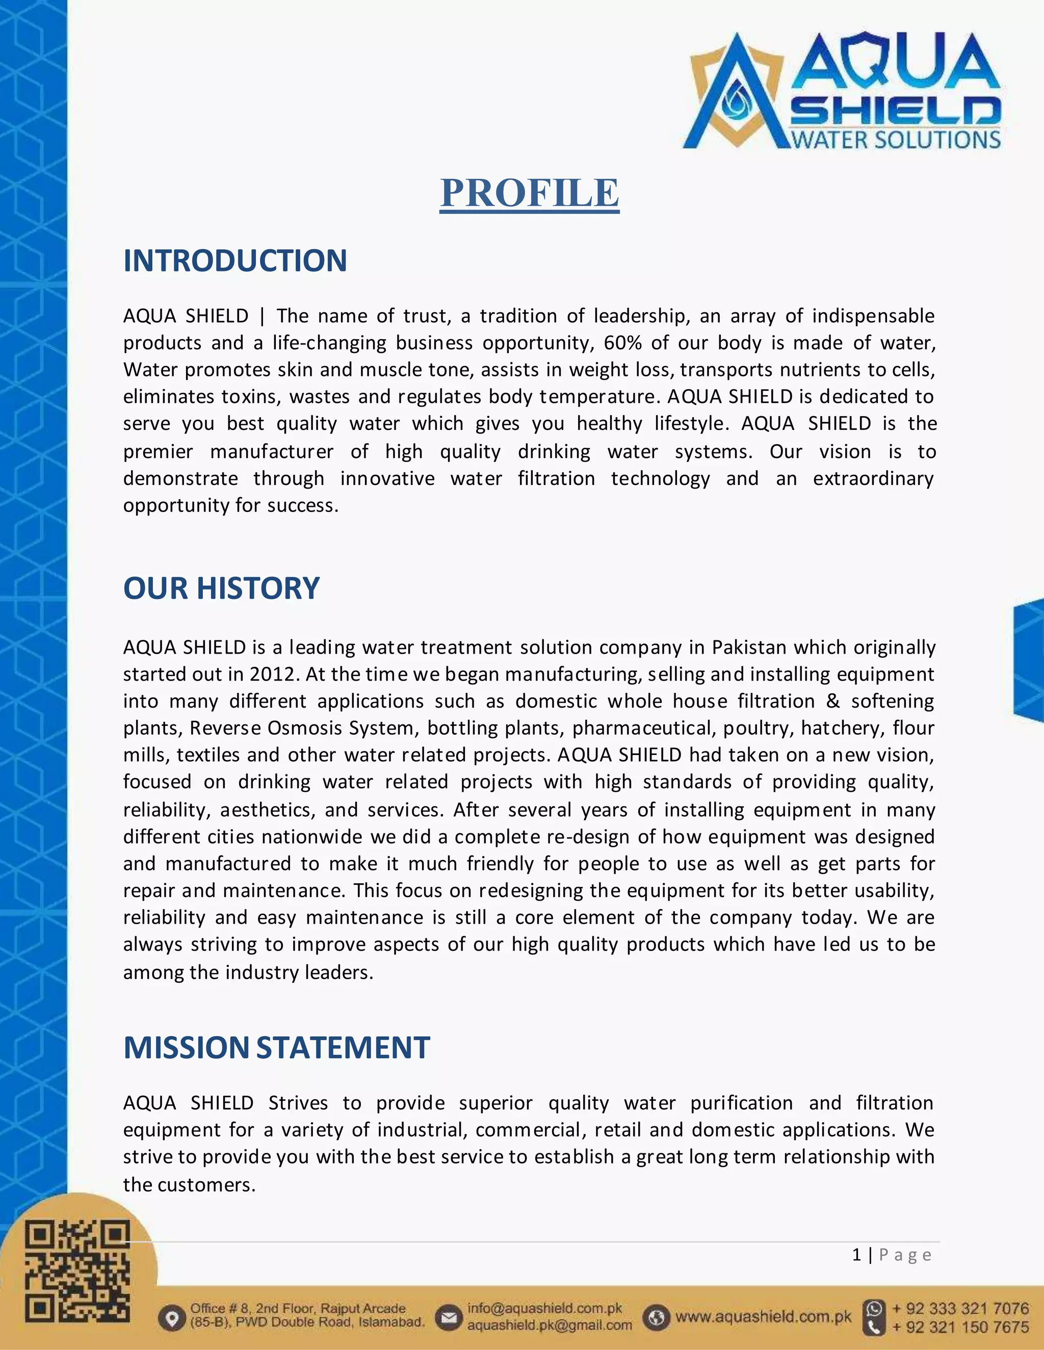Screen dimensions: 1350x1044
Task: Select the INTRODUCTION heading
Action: pyautogui.click(x=235, y=260)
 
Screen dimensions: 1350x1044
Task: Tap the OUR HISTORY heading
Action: pyautogui.click(x=221, y=588)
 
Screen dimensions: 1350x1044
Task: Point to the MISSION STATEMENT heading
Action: pyautogui.click(x=276, y=1047)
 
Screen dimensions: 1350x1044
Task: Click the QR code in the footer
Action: pyautogui.click(x=77, y=1271)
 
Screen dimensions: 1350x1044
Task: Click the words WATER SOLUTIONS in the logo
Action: pyautogui.click(x=896, y=140)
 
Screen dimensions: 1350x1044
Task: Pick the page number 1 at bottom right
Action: pyautogui.click(x=856, y=1254)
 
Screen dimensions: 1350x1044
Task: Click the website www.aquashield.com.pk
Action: pyautogui.click(x=763, y=1316)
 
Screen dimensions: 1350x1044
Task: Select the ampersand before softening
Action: pyautogui.click(x=833, y=701)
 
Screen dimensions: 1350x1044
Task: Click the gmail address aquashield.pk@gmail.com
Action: pyautogui.click(x=549, y=1325)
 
